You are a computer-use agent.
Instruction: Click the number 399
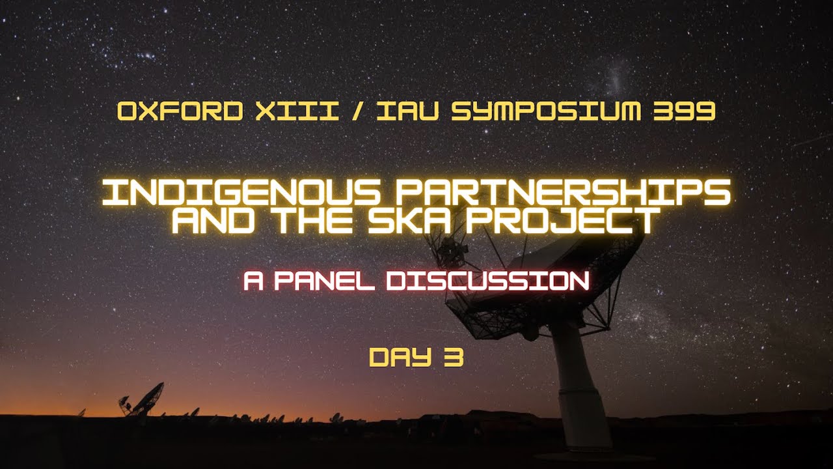683,111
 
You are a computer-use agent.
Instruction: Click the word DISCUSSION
487,281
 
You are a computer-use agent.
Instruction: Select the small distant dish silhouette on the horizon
143,400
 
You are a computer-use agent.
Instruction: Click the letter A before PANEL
253,281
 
